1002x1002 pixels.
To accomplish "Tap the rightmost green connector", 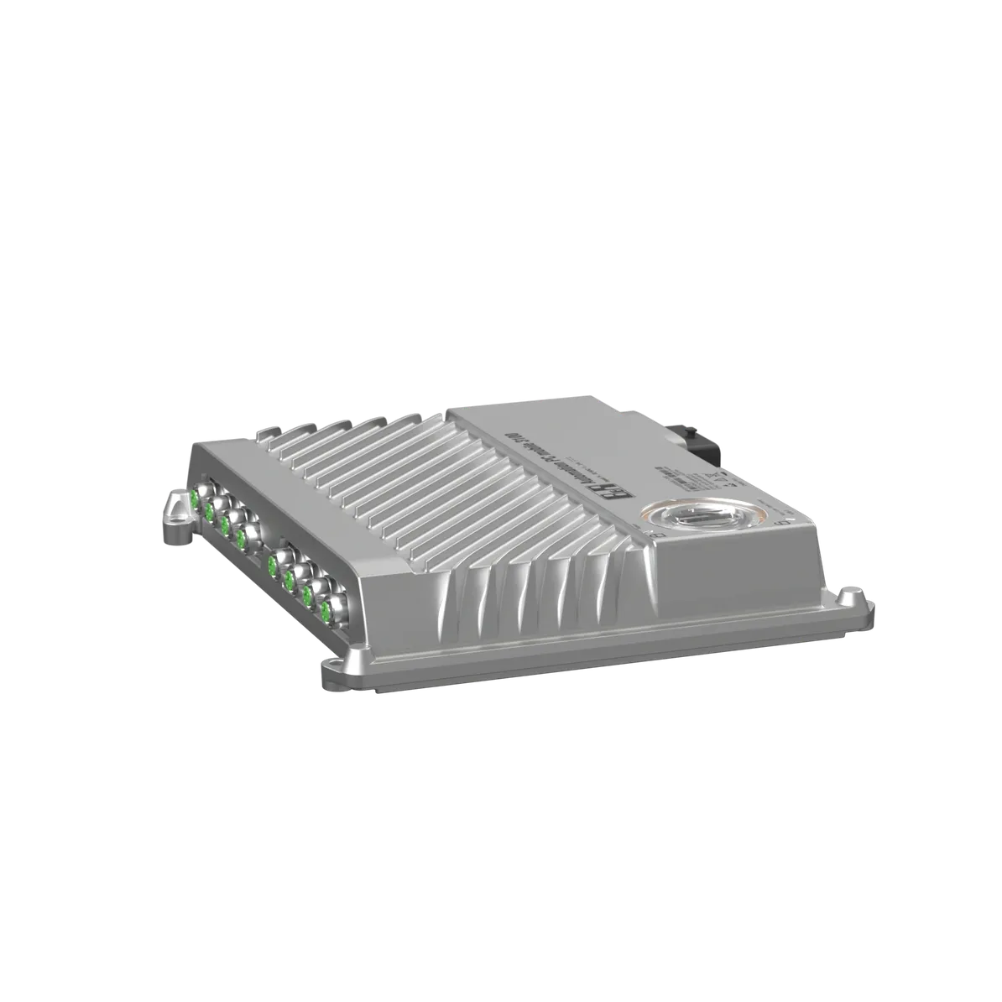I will coord(325,613).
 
